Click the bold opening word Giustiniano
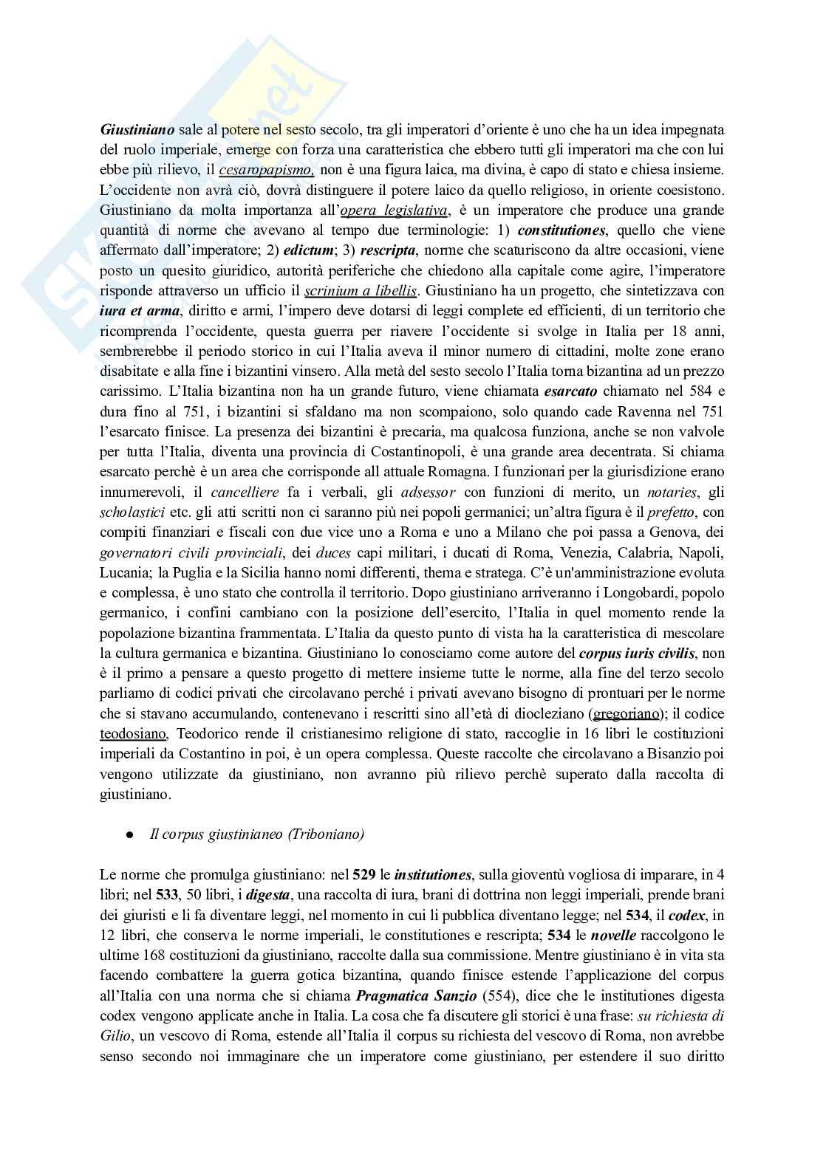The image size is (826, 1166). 137,128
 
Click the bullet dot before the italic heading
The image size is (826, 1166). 129,835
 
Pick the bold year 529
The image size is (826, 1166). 363,875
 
